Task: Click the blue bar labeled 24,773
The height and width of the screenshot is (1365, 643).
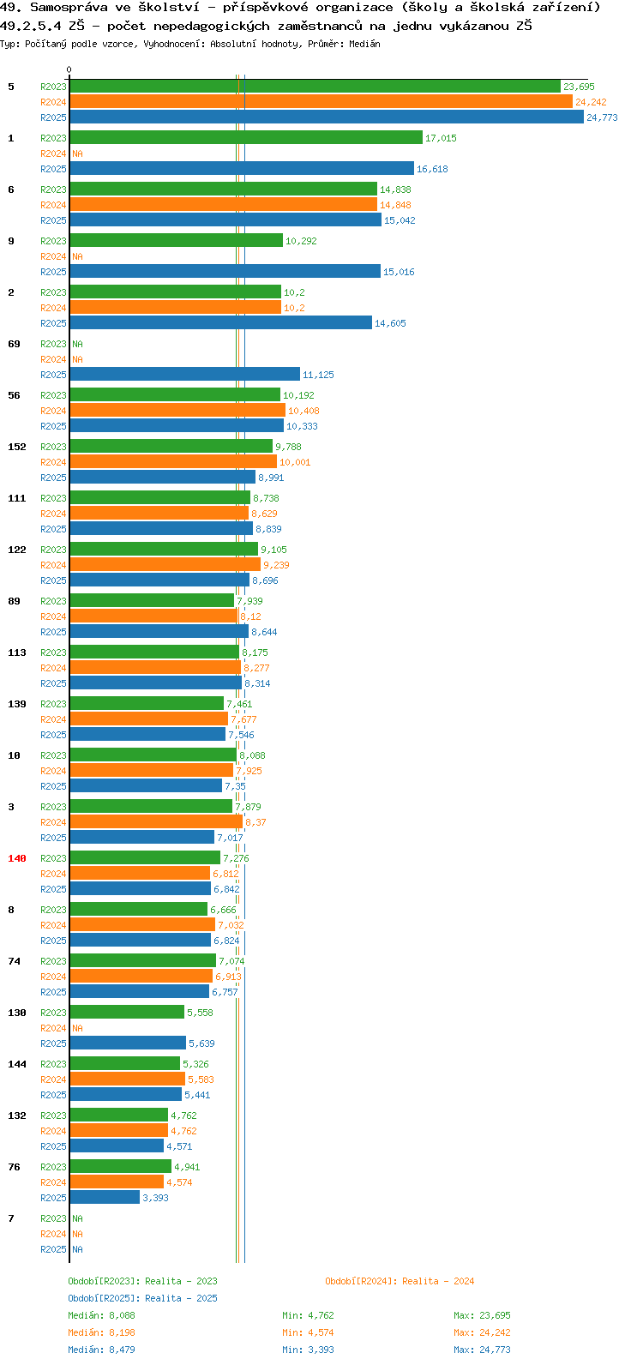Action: (x=327, y=117)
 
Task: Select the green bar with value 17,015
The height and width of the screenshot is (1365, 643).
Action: (x=246, y=138)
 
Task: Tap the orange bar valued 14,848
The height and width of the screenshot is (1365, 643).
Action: (x=224, y=205)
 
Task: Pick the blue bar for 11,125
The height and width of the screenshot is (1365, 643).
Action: (x=184, y=374)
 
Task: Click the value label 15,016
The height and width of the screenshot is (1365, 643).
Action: (x=399, y=272)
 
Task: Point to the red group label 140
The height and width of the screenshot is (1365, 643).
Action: (x=17, y=858)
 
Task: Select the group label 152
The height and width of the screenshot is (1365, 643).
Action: (x=17, y=447)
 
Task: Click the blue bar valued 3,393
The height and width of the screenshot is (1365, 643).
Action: (x=105, y=1197)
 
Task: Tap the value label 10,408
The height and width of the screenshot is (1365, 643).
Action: (x=303, y=411)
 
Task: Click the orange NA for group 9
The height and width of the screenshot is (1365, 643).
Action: (x=77, y=256)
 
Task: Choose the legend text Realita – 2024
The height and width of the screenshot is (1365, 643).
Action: (x=438, y=1281)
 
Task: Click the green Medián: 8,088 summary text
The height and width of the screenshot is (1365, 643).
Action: (x=101, y=1315)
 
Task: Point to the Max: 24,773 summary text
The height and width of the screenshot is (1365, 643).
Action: (x=482, y=1350)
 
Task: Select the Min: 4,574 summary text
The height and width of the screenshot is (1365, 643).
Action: (x=308, y=1332)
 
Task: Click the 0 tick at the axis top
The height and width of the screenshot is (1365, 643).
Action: (x=69, y=69)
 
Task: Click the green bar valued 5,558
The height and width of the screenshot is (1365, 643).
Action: (x=127, y=1012)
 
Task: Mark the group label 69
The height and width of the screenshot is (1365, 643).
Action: (x=14, y=344)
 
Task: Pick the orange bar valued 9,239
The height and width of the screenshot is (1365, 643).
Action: (x=165, y=564)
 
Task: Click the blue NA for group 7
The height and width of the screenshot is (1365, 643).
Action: (x=77, y=1248)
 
